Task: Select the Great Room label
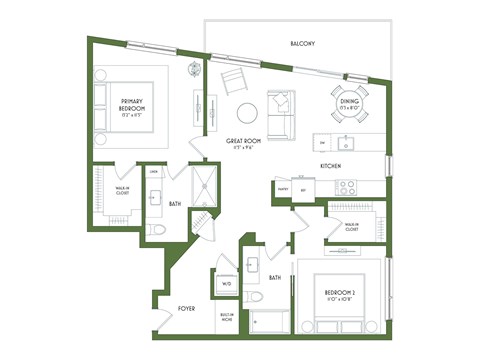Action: (242, 143)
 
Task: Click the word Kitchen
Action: (332, 165)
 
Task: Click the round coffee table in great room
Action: (244, 112)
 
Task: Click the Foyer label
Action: (187, 309)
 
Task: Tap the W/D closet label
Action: (226, 284)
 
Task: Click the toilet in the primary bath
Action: (155, 230)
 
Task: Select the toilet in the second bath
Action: (256, 298)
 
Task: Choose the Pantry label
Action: (283, 188)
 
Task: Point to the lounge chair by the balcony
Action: (232, 81)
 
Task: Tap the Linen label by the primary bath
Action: (155, 173)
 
